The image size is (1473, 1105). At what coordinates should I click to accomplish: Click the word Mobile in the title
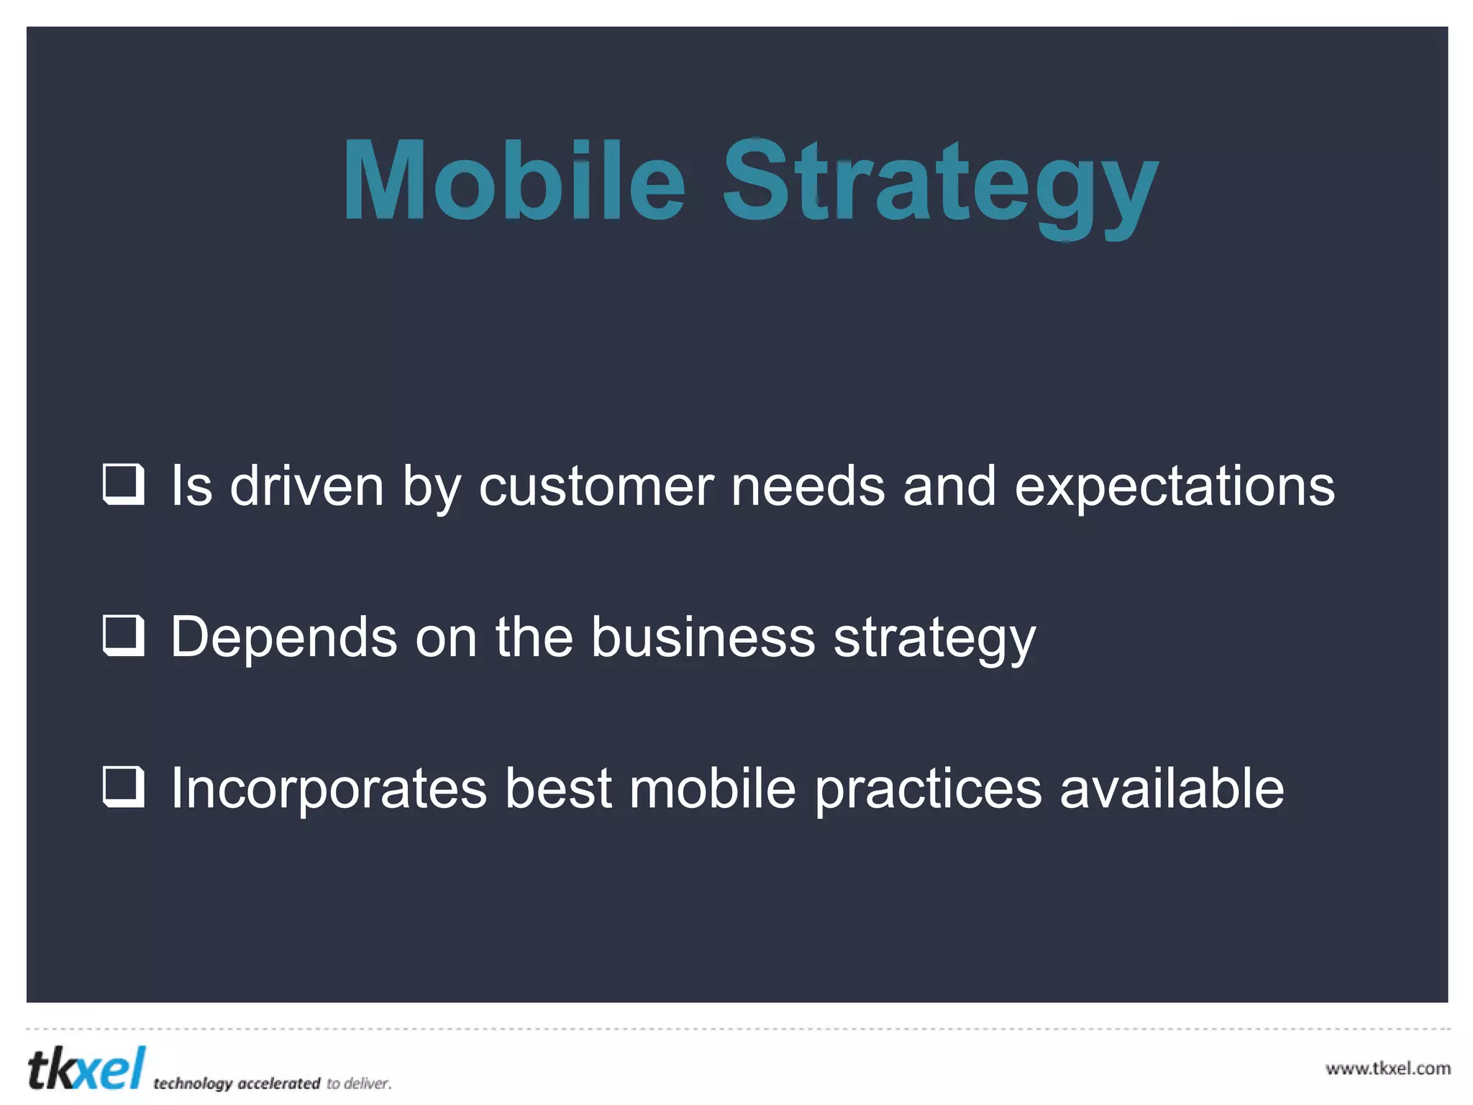click(x=514, y=180)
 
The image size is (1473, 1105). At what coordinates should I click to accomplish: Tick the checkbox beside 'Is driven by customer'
click(x=124, y=484)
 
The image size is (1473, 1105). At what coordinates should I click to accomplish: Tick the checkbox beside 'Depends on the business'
click(x=124, y=635)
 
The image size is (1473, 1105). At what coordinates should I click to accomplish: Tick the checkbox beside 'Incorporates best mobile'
click(x=124, y=787)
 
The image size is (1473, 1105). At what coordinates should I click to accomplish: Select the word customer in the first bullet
click(x=596, y=486)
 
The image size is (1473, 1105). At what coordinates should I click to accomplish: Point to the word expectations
click(x=1174, y=486)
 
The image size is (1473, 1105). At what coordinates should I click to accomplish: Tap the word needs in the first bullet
click(x=808, y=486)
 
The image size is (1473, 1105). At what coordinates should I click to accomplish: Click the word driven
click(x=306, y=486)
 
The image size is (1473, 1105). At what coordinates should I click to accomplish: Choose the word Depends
click(x=283, y=637)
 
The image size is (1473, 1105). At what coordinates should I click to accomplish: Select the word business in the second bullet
click(x=703, y=637)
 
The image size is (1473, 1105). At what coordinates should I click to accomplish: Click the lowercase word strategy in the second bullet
click(x=934, y=639)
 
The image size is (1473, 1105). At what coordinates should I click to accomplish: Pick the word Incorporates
click(x=329, y=788)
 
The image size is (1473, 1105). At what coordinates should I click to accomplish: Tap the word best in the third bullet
click(x=558, y=788)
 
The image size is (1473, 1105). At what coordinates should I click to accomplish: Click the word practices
click(x=928, y=790)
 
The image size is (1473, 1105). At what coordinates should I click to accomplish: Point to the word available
click(x=1172, y=788)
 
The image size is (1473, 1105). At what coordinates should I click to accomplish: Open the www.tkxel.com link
click(x=1387, y=1068)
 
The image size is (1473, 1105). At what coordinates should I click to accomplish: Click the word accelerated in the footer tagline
click(x=278, y=1083)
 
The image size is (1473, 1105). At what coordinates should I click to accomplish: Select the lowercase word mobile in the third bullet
click(x=712, y=788)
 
